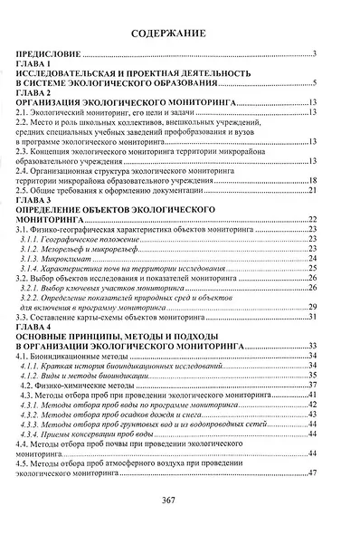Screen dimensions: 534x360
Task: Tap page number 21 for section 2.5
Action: pos(310,191)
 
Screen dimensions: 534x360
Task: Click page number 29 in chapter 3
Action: pos(310,308)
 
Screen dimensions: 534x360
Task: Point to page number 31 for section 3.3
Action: pos(310,318)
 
